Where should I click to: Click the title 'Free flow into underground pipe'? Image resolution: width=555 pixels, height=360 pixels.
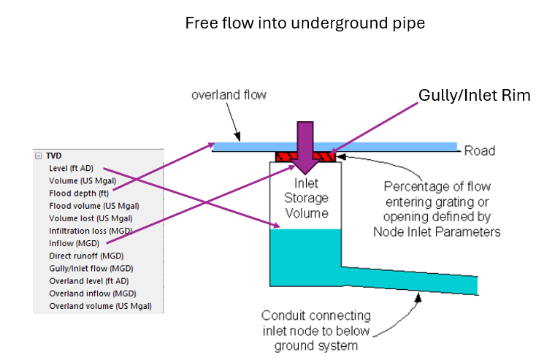(x=305, y=23)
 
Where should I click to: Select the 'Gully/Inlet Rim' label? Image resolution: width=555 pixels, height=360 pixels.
(x=474, y=96)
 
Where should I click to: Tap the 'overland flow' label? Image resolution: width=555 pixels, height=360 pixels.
(x=229, y=95)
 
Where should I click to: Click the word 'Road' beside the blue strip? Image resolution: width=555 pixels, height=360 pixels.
(x=480, y=151)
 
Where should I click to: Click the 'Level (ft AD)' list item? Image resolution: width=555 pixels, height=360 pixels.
(x=71, y=168)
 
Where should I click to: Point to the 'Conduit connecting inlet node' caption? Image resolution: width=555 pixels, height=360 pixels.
(x=315, y=330)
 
